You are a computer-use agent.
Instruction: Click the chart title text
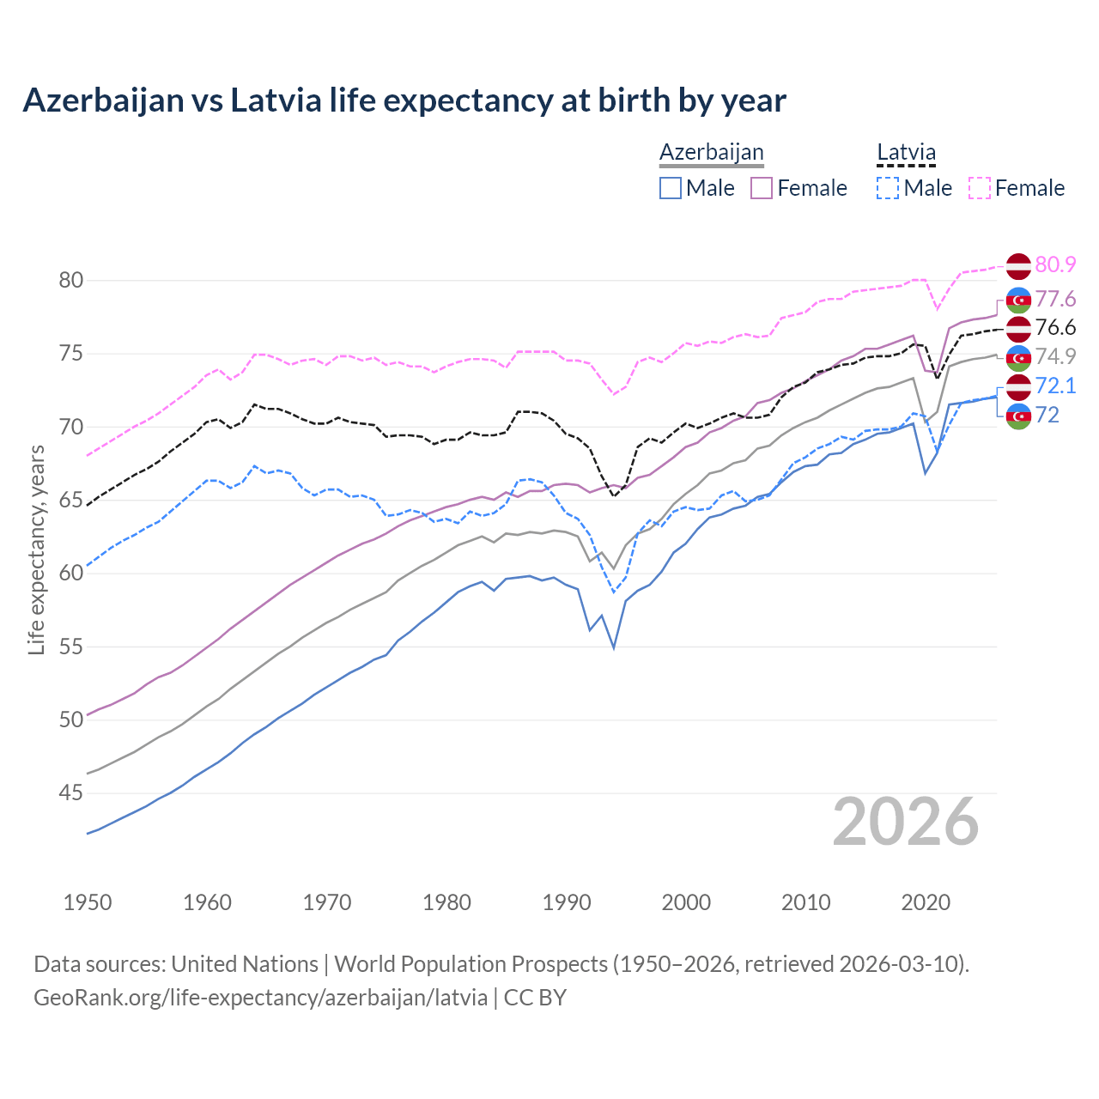[404, 100]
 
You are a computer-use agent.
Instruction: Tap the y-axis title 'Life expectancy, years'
[36, 549]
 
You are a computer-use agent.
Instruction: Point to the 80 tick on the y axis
[71, 281]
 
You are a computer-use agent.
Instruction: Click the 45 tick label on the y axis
[71, 793]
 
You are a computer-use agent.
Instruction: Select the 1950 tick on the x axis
[88, 902]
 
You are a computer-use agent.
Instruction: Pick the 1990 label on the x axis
[567, 902]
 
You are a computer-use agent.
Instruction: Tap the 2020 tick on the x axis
[926, 902]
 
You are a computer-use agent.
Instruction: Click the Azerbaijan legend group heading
[711, 152]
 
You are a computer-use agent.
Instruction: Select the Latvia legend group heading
[906, 152]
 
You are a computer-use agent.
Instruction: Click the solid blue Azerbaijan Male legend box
[671, 188]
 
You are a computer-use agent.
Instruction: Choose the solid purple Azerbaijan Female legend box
[762, 188]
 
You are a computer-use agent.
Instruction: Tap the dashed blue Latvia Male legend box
[888, 188]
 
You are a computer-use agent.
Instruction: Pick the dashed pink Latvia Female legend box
[980, 188]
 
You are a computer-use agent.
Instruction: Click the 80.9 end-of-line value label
[1055, 265]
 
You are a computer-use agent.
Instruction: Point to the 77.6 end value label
[1055, 299]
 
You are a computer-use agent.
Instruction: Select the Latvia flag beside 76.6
[1018, 328]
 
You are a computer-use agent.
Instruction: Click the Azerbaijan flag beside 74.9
[1018, 357]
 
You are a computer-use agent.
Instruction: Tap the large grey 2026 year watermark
[906, 822]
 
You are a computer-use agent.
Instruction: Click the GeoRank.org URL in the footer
[260, 998]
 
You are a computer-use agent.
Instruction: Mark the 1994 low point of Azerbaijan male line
[614, 647]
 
